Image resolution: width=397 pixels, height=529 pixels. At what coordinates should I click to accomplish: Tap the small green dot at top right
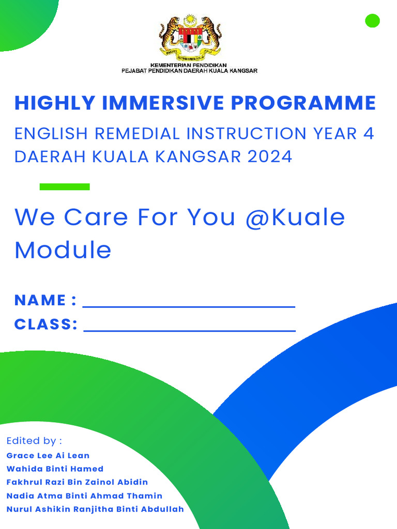point(372,21)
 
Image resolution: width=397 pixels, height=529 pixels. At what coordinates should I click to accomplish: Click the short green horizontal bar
point(65,186)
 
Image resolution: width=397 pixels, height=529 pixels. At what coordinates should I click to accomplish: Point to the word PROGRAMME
point(303,103)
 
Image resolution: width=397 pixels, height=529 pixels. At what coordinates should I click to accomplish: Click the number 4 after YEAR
point(368,133)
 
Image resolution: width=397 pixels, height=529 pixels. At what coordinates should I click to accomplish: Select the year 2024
point(270,156)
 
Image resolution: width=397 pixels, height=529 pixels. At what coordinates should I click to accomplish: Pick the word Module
point(63,250)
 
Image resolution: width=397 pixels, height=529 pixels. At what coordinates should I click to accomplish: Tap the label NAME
point(40,300)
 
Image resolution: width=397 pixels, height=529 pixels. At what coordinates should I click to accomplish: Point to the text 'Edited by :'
point(34,441)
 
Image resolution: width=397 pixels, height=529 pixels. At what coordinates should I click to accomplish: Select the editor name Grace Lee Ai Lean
point(48,456)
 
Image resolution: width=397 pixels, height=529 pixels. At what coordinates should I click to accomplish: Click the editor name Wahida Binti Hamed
point(55,469)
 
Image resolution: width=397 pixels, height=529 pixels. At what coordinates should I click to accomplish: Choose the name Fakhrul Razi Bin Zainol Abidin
point(77,483)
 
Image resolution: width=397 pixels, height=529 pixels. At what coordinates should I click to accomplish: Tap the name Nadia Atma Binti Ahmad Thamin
point(84,496)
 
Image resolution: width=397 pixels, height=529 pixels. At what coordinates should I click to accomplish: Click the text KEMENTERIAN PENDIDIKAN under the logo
point(189,65)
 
